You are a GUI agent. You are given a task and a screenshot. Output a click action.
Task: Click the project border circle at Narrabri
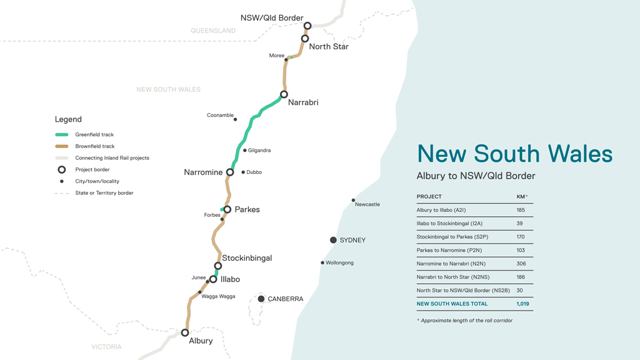tap(284, 94)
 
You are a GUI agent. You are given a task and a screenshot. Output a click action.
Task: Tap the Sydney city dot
tap(333, 240)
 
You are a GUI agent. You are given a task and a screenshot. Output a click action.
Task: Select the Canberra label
tap(285, 299)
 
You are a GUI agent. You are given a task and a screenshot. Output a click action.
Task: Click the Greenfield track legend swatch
tap(62, 135)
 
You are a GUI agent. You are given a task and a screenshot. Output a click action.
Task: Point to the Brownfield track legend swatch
tap(62, 146)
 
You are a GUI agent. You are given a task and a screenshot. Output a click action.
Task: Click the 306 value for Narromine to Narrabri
tap(521, 264)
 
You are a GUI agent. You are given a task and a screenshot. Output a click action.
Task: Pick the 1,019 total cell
tap(522, 304)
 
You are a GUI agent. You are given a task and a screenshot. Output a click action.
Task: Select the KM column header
tap(521, 197)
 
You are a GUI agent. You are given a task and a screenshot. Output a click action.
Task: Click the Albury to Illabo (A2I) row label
tap(441, 210)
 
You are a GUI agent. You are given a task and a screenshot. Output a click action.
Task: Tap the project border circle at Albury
tap(185, 332)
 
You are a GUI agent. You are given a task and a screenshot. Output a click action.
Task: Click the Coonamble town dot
tap(236, 119)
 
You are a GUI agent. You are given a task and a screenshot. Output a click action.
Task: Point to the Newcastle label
tap(367, 204)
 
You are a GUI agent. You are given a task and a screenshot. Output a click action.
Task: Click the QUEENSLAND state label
tap(213, 31)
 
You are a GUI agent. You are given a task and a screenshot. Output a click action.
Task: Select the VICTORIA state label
tap(106, 347)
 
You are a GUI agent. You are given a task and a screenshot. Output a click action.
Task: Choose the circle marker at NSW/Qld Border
tap(307, 26)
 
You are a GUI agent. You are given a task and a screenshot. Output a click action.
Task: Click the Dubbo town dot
tap(243, 172)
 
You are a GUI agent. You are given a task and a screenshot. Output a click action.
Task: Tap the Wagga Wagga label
tap(218, 296)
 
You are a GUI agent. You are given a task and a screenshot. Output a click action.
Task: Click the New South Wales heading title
tap(514, 154)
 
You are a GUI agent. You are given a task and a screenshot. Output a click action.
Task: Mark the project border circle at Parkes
tap(227, 209)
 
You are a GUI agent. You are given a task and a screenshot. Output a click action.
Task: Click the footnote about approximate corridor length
tap(466, 321)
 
